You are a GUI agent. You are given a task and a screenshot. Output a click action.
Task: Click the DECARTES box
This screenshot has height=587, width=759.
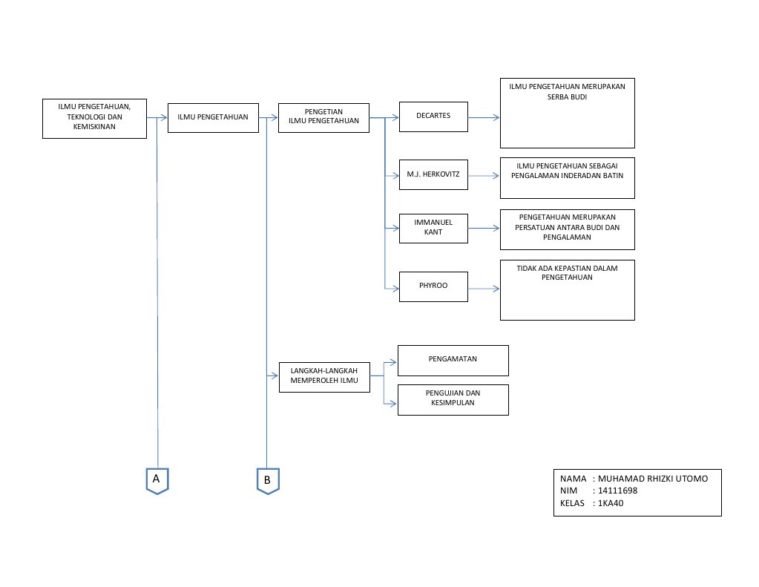pos(433,117)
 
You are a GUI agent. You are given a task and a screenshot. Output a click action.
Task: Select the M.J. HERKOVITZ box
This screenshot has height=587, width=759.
pos(433,175)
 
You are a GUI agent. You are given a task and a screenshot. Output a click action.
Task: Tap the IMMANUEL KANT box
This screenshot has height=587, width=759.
pos(433,228)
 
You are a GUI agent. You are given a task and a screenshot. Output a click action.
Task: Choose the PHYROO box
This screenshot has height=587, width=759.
pos(433,286)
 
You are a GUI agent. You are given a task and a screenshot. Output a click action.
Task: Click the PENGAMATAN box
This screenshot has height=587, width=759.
pos(453,360)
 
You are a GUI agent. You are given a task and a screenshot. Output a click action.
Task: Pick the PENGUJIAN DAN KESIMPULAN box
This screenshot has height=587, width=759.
pos(453,399)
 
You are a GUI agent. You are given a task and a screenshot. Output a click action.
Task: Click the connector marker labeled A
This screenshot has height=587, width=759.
pos(157,479)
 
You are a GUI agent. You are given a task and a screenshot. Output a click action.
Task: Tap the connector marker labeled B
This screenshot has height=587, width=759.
pos(267,481)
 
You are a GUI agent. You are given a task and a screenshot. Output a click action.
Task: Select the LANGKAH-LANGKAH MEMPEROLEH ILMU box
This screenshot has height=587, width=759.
pos(324,377)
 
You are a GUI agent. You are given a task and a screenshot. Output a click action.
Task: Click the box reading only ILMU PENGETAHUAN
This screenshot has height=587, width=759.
pos(212,117)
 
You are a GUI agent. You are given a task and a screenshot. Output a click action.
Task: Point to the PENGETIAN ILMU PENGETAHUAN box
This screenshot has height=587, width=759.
pos(323,117)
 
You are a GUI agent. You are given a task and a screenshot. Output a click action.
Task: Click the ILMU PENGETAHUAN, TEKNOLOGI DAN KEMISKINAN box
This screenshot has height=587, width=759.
pos(94,118)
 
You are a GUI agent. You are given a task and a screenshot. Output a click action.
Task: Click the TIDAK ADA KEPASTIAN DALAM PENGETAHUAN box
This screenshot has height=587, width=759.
pos(567,289)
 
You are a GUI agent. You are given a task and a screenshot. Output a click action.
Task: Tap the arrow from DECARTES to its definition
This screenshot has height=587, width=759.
pos(484,117)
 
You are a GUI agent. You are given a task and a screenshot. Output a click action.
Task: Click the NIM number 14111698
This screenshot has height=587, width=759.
pos(617,491)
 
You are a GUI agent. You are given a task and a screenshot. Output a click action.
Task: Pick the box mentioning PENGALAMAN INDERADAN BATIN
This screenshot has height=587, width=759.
pos(567,177)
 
